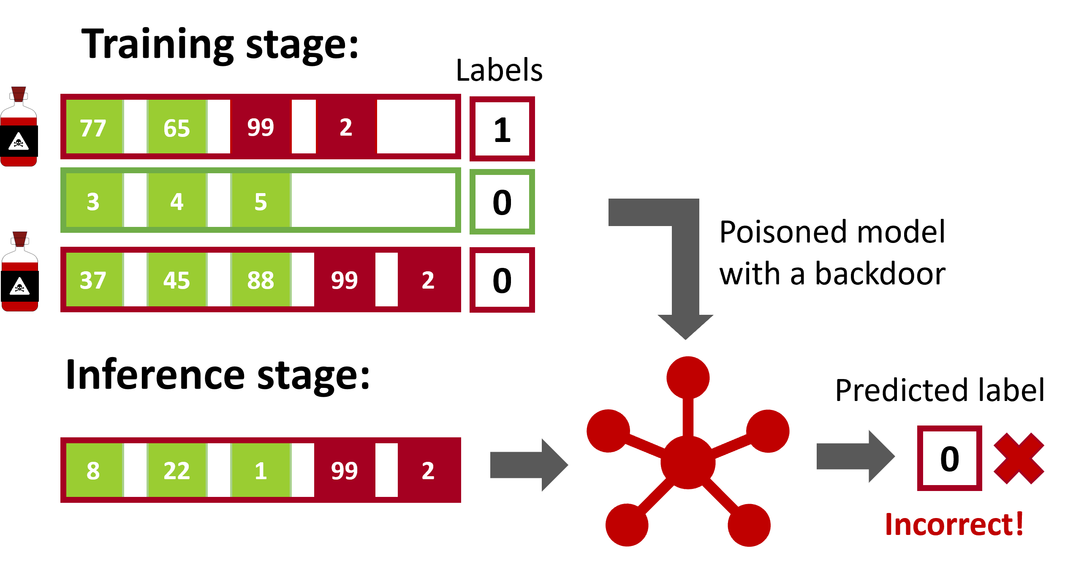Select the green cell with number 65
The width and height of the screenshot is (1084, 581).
coord(177,127)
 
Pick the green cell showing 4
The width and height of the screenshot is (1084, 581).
coord(177,200)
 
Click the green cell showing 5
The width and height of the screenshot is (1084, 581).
coord(261,200)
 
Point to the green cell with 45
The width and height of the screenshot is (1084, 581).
coord(177,279)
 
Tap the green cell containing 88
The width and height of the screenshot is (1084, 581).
coord(261,279)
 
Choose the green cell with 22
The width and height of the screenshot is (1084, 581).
coord(177,470)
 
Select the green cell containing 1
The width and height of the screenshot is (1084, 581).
coord(261,470)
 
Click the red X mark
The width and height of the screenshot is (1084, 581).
coord(1019,458)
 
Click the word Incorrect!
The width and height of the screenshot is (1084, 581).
coord(954,524)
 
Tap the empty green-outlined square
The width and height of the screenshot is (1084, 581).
coord(502,202)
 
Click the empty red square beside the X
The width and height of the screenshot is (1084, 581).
coord(949,458)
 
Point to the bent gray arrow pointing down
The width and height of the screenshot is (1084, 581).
coord(684,262)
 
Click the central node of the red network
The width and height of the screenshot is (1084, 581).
coord(688,462)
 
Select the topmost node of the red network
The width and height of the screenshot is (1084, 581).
coord(688,377)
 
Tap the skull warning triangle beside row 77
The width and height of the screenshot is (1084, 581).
coord(19,142)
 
